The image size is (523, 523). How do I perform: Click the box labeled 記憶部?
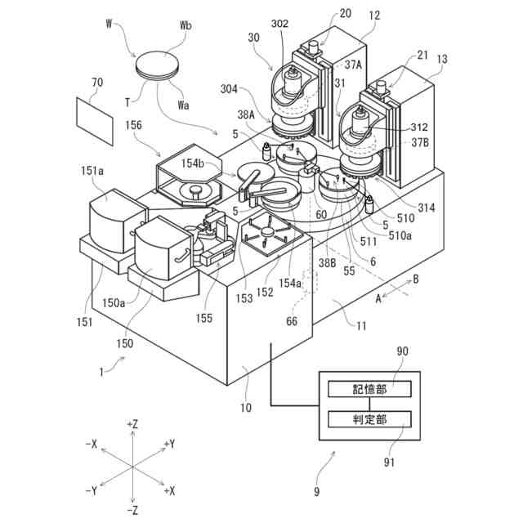coord(369,389)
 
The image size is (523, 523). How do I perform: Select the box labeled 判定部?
coord(369,418)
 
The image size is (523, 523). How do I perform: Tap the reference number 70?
coord(97,82)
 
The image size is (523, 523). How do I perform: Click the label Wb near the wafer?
coord(186,25)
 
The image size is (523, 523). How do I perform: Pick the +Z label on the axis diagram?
coord(132,425)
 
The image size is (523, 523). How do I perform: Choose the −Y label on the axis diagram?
coord(92,490)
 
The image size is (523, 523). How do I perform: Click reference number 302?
coord(279,25)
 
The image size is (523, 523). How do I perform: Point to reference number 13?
coord(442,60)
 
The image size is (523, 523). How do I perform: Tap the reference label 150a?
coord(136,304)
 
